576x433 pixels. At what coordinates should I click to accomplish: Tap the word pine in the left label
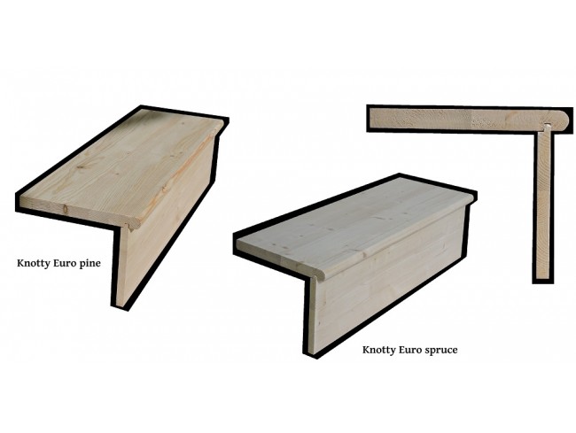[90, 264]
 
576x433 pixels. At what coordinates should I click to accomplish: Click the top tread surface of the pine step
[118, 165]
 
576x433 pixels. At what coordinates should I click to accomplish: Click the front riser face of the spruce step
[385, 279]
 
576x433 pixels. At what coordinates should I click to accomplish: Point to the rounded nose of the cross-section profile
[564, 120]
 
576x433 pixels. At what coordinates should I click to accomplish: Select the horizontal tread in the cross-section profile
[470, 119]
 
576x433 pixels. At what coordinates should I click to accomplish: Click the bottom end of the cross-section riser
[543, 279]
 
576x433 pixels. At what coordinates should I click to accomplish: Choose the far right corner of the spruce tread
[473, 195]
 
